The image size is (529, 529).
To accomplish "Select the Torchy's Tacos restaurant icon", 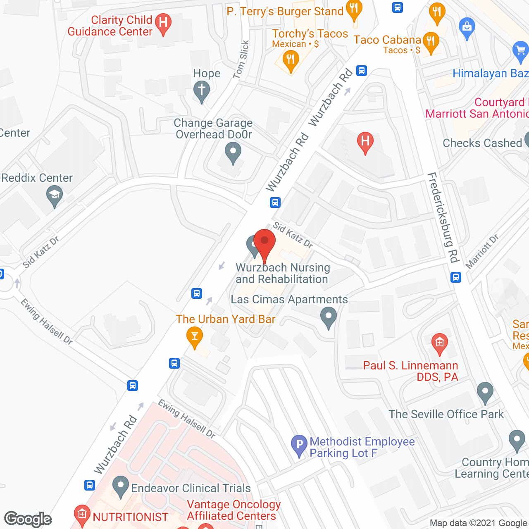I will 291,60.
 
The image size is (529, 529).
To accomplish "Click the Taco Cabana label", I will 387,40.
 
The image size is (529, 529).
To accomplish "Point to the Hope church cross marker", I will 202,90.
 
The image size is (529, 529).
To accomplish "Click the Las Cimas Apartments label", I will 289,299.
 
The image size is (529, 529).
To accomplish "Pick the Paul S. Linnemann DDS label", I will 410,371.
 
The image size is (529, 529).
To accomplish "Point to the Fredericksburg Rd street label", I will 443,217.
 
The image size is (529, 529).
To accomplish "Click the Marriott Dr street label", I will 482,251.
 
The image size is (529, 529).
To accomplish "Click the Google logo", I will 28,519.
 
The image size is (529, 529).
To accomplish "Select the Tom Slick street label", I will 241,59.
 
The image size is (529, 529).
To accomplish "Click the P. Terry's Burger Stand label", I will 285,12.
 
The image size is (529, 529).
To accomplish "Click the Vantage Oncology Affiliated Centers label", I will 234,510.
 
